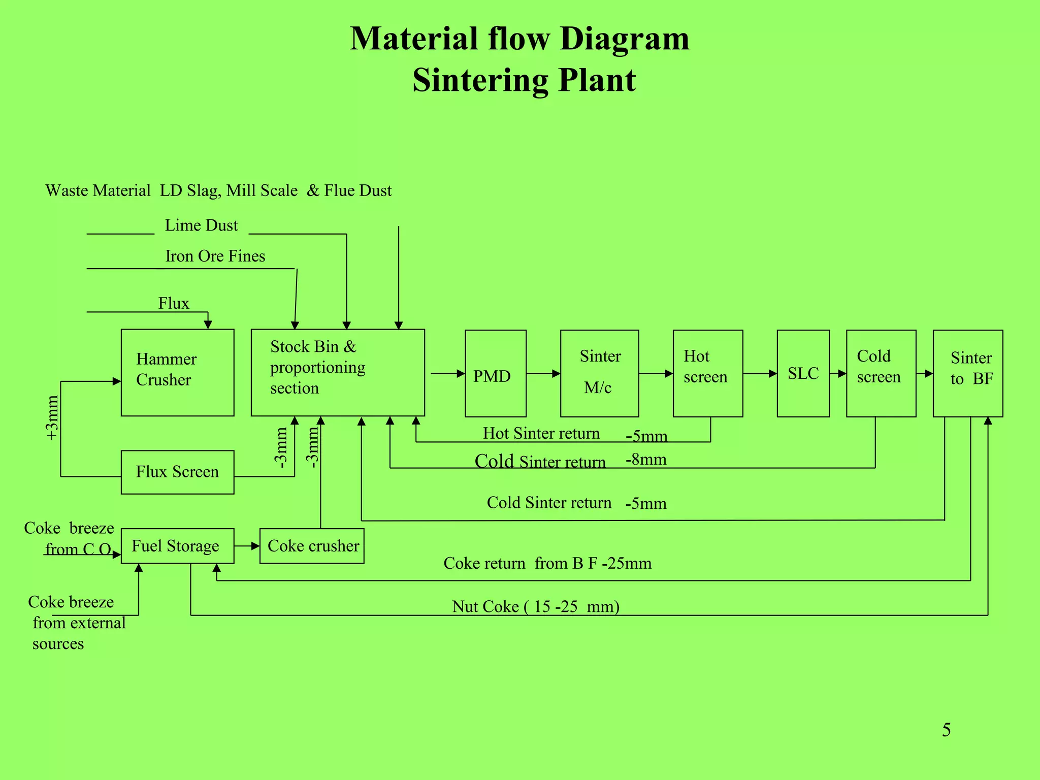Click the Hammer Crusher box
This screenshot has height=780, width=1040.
click(177, 372)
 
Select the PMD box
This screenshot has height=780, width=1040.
click(495, 373)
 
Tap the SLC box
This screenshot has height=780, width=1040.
click(803, 373)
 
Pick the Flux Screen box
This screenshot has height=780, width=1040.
click(177, 472)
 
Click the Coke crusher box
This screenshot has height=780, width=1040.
click(312, 546)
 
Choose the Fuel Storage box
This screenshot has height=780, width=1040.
click(177, 546)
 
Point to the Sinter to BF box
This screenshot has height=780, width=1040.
click(967, 373)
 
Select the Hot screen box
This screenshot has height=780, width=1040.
click(707, 373)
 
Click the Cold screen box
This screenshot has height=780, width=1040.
click(881, 373)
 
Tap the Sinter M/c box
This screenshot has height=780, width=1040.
click(599, 373)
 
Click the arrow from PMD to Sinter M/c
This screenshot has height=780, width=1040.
click(543, 374)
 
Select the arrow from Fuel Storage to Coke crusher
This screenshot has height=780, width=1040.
click(247, 546)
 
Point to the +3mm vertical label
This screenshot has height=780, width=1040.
click(52, 418)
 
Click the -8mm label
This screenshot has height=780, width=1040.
click(646, 460)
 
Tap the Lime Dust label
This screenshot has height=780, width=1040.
click(201, 225)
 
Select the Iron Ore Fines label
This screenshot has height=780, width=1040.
click(215, 256)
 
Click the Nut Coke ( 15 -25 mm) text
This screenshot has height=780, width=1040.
click(535, 606)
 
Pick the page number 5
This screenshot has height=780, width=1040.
click(946, 730)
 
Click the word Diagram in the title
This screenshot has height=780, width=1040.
click(624, 39)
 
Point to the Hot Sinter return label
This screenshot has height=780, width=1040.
click(541, 433)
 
